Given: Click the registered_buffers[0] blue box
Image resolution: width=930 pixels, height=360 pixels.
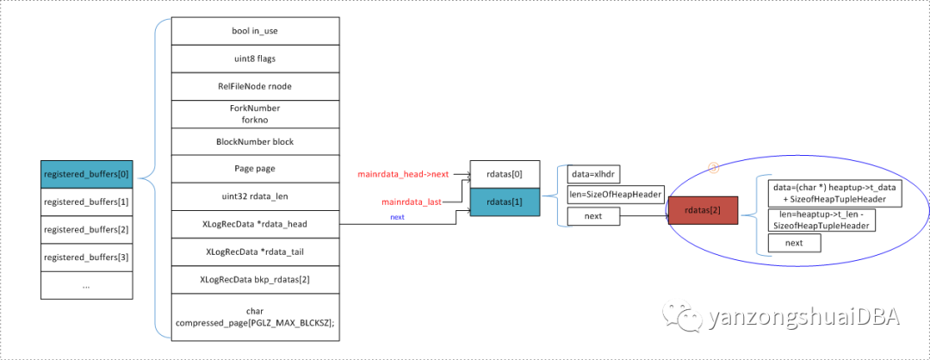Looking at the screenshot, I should [87, 173].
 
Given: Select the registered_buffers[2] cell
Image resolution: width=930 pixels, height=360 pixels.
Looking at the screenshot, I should [87, 230].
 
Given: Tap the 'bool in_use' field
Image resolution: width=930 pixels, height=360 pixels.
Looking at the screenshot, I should [254, 31].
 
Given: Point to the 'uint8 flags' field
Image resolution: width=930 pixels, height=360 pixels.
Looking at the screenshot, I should [254, 59].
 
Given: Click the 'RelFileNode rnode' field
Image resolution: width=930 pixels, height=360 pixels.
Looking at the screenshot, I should [254, 86].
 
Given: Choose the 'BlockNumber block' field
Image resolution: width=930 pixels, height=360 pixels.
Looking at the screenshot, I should [254, 141].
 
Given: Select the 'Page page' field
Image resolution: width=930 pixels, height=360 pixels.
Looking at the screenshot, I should [254, 169].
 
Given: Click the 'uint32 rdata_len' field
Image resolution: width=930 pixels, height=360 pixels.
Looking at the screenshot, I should [254, 196].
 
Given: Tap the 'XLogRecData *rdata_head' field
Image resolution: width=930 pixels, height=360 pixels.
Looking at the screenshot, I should [254, 224].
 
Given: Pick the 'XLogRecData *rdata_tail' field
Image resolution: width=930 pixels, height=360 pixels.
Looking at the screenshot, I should [254, 251].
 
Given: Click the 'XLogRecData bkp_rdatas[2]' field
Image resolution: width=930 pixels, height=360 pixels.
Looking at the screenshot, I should [254, 279].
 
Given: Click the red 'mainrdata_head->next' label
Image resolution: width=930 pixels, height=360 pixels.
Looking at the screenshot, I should [403, 175].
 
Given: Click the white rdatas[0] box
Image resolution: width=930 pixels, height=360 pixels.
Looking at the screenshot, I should [505, 175].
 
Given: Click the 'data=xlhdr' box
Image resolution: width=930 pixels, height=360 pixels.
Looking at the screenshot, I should [594, 174].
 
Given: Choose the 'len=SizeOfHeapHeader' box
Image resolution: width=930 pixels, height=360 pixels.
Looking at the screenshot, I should [615, 195].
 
